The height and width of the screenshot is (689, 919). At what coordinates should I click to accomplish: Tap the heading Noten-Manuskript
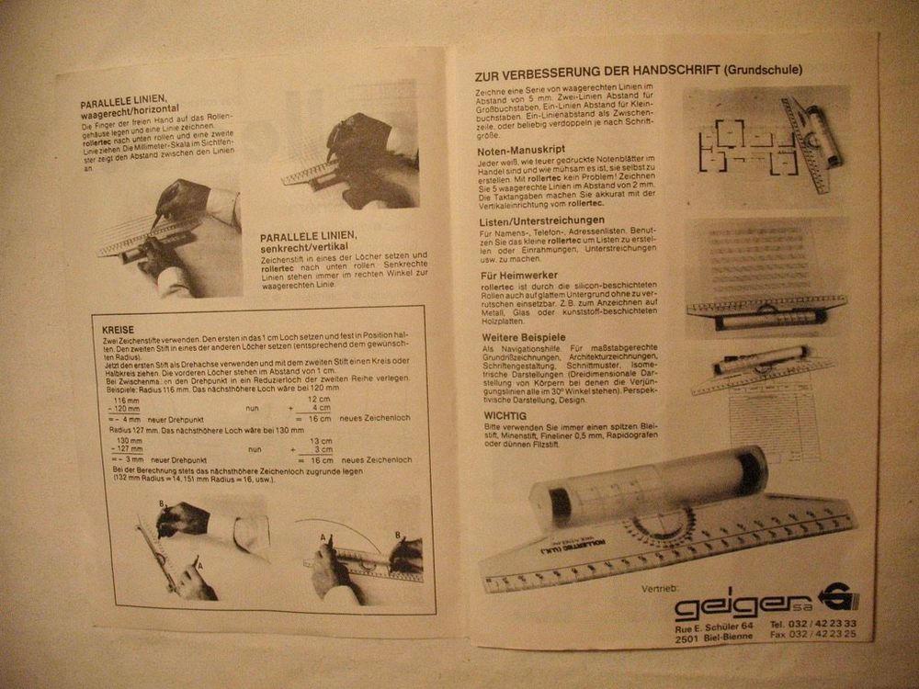click(x=521, y=150)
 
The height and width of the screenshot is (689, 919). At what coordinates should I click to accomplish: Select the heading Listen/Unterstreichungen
click(x=541, y=220)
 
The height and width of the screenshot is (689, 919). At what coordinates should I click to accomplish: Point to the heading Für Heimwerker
click(x=517, y=274)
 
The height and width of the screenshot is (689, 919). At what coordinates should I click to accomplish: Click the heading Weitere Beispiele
click(x=523, y=337)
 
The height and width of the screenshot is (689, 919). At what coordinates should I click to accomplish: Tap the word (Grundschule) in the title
click(x=763, y=69)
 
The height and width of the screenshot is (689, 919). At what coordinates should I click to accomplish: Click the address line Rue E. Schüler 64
click(x=714, y=626)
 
